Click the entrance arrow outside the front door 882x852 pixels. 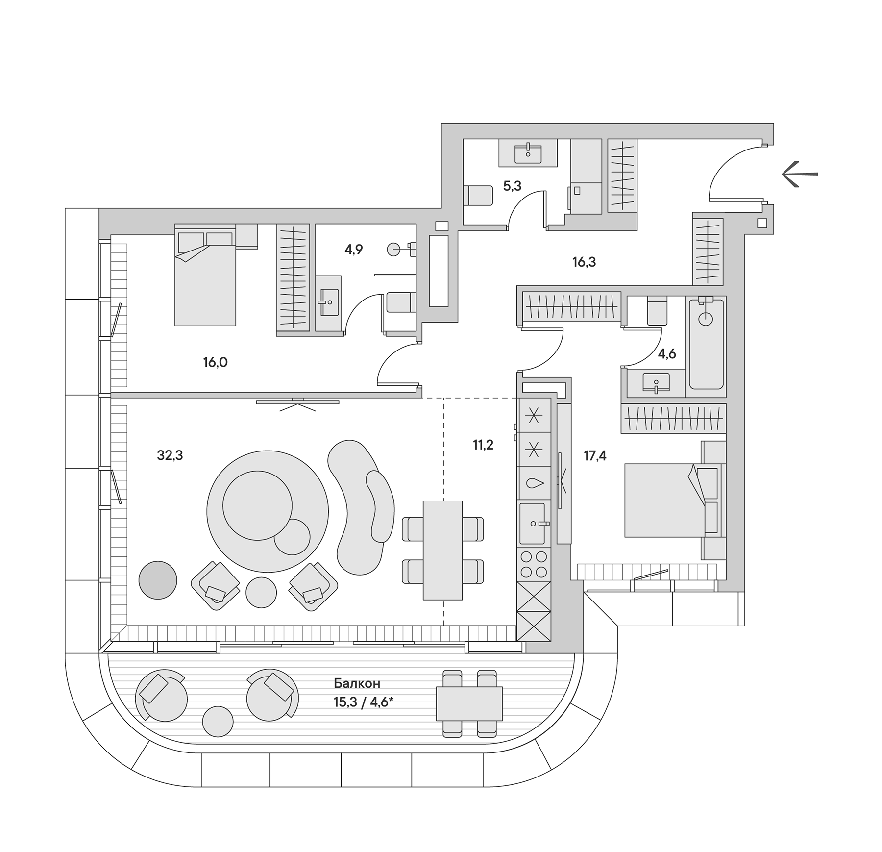pos(799,174)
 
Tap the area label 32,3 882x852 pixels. pos(170,455)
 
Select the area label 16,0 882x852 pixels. pos(215,362)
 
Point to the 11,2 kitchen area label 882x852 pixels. pos(483,445)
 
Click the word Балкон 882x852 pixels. pos(357,683)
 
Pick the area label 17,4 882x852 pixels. pos(594,456)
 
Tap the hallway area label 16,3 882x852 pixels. pos(584,262)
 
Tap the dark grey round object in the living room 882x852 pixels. pos(157,580)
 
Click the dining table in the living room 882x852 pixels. pos(442,550)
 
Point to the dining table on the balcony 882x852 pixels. pos(469,703)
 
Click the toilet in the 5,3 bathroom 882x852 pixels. pos(478,196)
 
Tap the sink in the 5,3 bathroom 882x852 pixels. pos(528,153)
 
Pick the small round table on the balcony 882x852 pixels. pos(218,721)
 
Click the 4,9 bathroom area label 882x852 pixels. pos(353,250)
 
